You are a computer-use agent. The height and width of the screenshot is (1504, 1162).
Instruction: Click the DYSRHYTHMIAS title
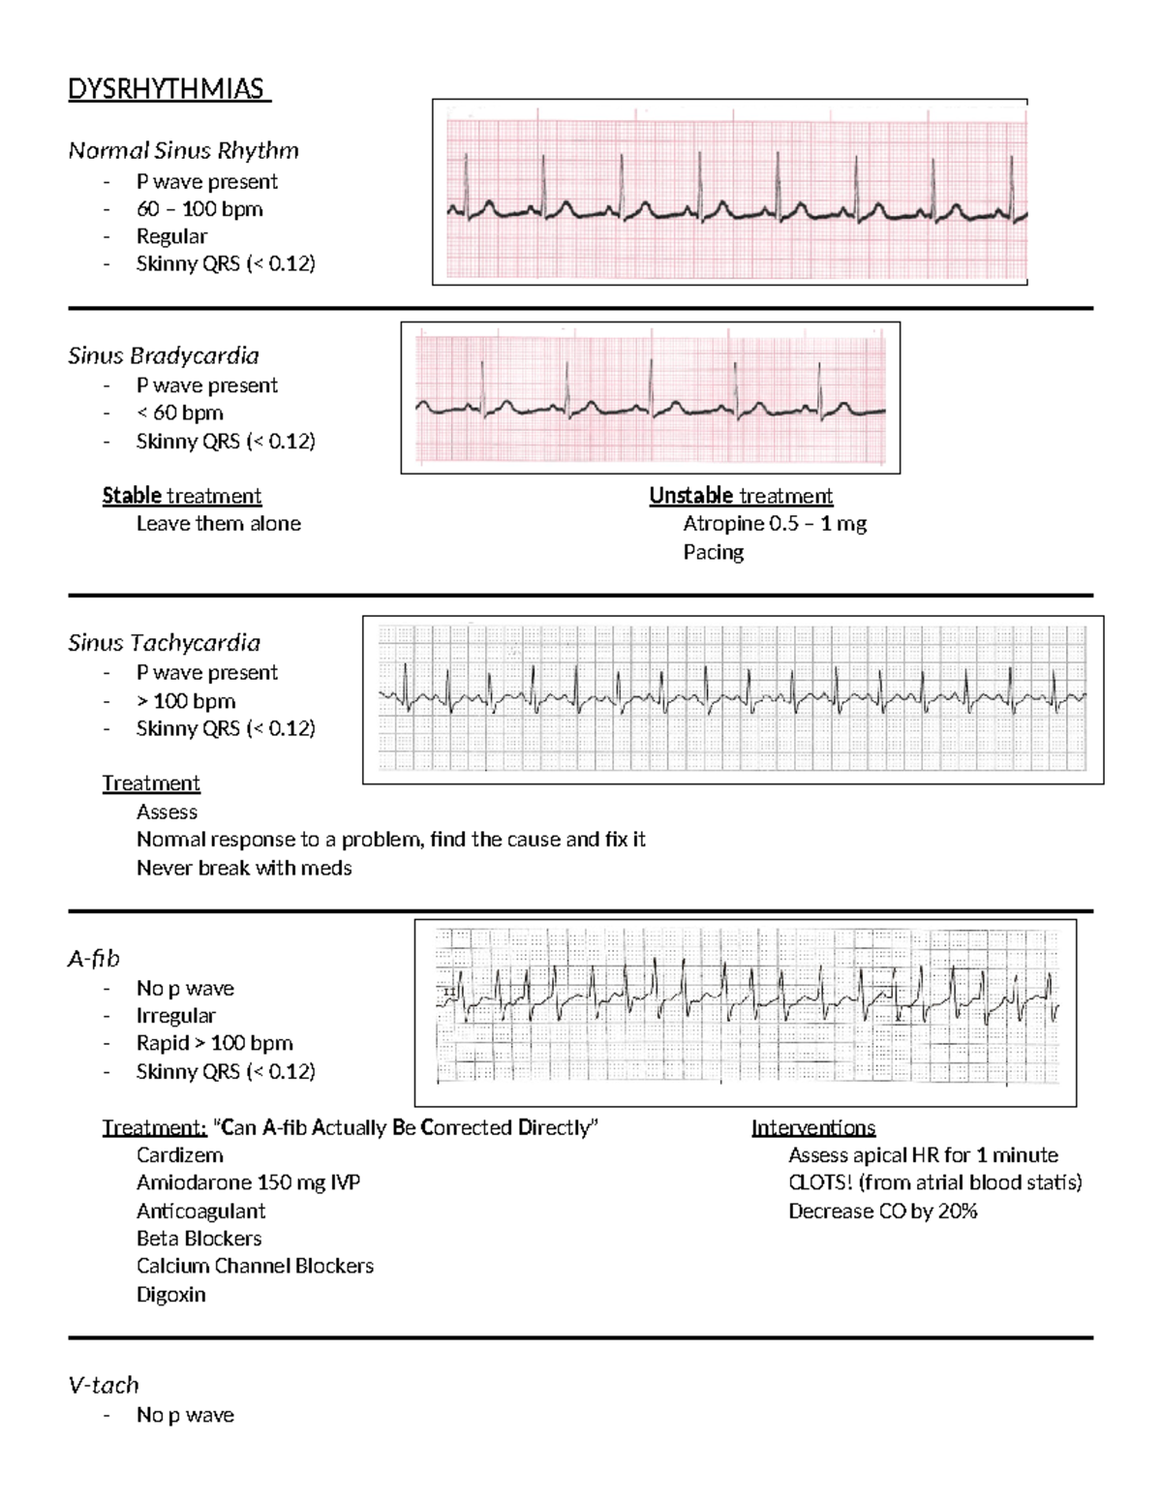click(x=168, y=90)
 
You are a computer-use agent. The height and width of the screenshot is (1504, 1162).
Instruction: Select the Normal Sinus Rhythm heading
click(x=183, y=150)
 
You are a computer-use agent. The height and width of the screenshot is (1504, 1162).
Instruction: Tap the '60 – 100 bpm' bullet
click(x=199, y=209)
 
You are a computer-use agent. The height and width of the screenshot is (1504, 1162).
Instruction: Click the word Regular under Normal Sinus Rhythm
click(x=171, y=236)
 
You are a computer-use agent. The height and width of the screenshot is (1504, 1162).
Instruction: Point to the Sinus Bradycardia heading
click(x=163, y=355)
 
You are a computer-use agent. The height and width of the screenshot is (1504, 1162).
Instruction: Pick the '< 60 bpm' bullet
click(x=180, y=413)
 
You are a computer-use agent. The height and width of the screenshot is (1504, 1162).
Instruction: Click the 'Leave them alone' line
click(x=218, y=524)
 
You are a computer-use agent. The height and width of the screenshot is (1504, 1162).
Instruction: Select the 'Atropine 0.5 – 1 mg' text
click(x=775, y=524)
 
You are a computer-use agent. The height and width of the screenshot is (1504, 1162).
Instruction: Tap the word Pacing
click(x=714, y=552)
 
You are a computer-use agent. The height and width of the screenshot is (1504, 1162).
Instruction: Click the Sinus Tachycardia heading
click(x=164, y=643)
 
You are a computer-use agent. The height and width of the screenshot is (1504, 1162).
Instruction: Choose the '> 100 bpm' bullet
click(x=186, y=701)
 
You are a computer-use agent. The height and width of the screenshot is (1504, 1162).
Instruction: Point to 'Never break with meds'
click(x=244, y=868)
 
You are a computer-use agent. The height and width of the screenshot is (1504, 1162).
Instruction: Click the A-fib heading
click(x=94, y=959)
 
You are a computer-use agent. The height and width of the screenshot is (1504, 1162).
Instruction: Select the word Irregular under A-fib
click(x=175, y=1016)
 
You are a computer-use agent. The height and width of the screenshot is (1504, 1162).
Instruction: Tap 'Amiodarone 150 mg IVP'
click(x=248, y=1182)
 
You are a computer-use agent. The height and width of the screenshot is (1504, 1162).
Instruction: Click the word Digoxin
click(x=170, y=1295)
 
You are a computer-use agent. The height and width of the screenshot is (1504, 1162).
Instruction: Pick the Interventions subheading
click(x=813, y=1127)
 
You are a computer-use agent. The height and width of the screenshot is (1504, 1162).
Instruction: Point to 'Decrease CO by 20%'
click(x=882, y=1212)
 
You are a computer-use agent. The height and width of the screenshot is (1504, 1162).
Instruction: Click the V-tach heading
click(x=104, y=1385)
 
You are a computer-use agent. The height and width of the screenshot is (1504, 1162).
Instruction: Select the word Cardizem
click(x=179, y=1155)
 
